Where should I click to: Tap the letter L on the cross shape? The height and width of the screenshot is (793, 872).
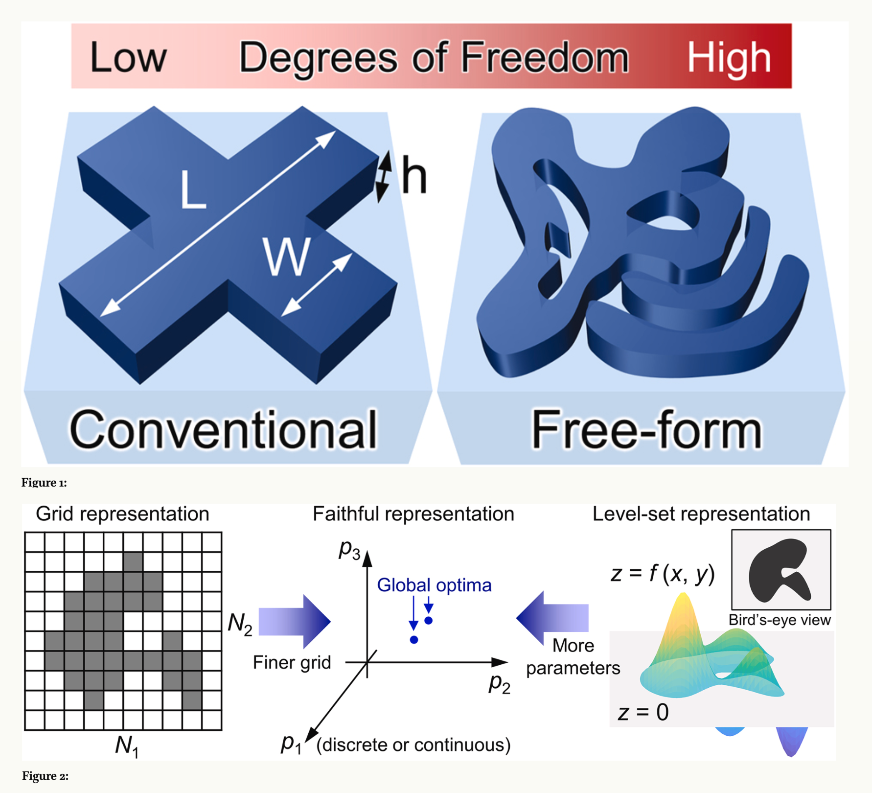193,189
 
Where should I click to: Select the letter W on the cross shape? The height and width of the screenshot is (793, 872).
287,256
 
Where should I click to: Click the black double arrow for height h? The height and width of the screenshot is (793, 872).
383,176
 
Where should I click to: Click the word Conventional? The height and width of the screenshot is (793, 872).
224,429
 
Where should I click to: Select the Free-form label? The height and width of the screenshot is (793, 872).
646,429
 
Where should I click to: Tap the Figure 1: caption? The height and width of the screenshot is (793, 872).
44,483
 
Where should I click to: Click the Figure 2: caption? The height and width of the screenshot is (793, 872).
45,776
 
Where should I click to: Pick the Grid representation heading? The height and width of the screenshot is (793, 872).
122,514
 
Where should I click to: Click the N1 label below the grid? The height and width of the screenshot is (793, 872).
127,746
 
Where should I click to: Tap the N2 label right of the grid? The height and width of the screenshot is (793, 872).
240,624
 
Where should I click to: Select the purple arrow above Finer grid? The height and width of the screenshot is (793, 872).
295,621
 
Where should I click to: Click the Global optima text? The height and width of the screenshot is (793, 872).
434,585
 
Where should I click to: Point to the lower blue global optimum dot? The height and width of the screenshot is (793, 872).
414,640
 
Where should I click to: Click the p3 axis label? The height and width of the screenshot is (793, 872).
349,549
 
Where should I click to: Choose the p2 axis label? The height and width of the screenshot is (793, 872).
500,683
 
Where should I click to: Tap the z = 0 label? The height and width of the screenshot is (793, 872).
643,712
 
